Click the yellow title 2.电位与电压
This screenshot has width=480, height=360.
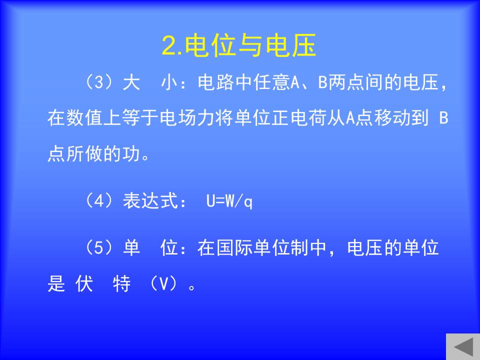239,45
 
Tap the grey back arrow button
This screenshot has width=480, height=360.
463,347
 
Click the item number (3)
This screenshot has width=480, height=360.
98,82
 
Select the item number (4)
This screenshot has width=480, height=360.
98,201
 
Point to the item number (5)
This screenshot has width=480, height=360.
98,247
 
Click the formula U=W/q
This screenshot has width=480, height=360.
229,201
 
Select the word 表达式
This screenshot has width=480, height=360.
150,201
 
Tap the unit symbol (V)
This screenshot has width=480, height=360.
164,283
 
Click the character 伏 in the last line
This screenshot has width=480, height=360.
84,283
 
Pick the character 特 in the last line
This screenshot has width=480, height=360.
122,283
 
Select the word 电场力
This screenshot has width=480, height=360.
187,118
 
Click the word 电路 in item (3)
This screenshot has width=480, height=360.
215,82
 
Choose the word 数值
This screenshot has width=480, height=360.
75,118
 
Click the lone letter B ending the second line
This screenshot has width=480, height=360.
443,118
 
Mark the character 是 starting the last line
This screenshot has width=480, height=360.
56,283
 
